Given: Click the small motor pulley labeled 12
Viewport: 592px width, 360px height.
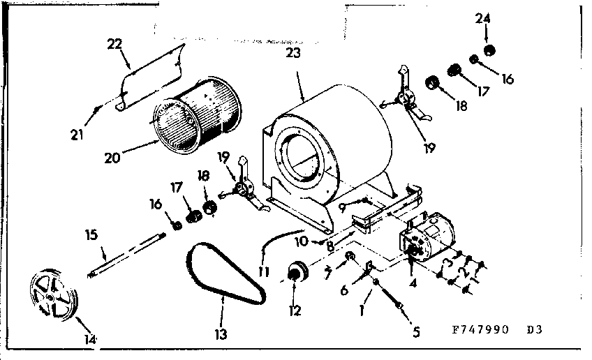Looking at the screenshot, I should pos(297,271).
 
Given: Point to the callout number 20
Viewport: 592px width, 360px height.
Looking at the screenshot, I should pos(112,157).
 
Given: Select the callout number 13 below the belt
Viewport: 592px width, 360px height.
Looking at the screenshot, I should pos(221,334).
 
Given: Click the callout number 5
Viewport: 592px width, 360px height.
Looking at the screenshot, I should pos(416,333).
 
